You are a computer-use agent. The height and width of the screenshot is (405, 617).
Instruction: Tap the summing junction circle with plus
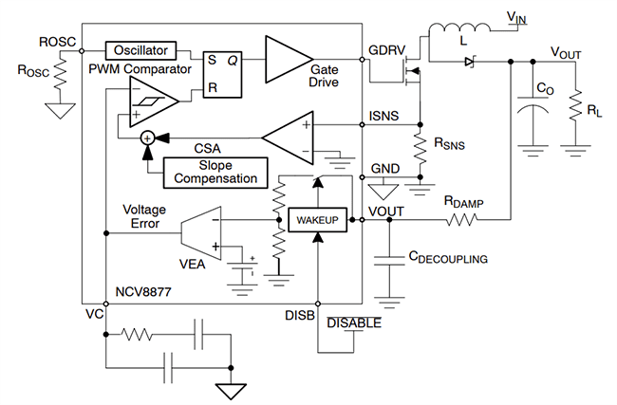148,138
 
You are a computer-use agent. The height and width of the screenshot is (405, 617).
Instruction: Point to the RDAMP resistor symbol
461,219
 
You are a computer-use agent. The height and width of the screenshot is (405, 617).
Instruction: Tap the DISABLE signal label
353,323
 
